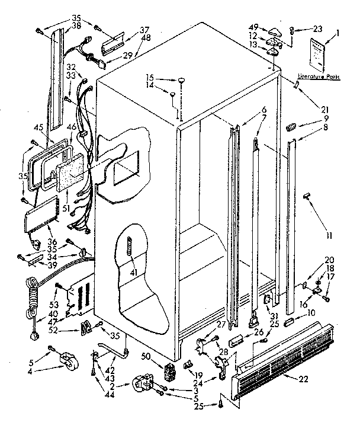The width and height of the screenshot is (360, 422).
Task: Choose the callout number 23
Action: tap(318, 29)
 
